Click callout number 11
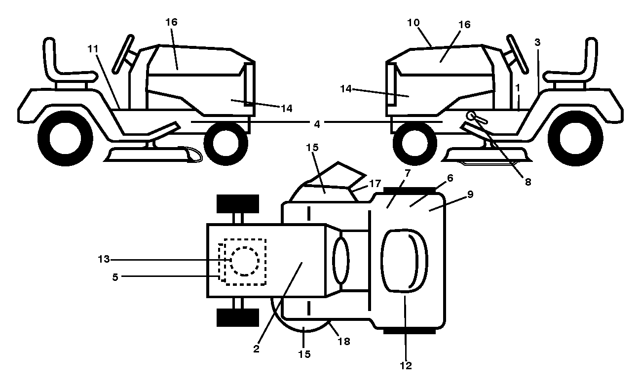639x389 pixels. (x=93, y=49)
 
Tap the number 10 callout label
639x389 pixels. (x=413, y=23)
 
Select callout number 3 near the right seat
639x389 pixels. (x=537, y=42)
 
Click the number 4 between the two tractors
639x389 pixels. (x=317, y=124)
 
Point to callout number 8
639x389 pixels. (x=528, y=182)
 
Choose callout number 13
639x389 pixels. (x=104, y=259)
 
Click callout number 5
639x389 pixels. (x=115, y=277)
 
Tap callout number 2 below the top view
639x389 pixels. (x=256, y=349)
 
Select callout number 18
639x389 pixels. (x=344, y=341)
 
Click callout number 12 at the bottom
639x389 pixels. (x=406, y=366)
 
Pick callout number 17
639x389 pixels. (x=375, y=184)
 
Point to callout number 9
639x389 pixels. (x=470, y=194)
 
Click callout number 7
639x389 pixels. (x=408, y=173)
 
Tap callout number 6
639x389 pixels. (x=450, y=178)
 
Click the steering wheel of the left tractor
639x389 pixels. (x=123, y=54)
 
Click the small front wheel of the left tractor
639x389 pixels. (x=226, y=143)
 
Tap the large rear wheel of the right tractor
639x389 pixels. (x=575, y=138)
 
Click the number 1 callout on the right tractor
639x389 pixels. (x=518, y=88)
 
